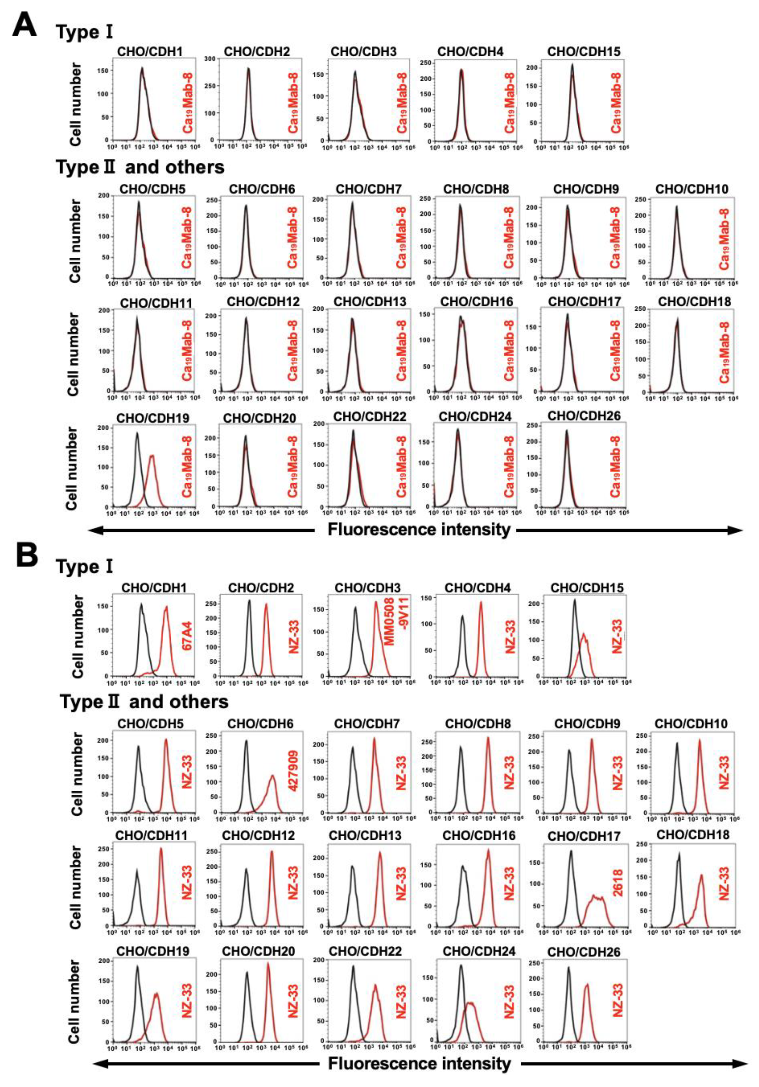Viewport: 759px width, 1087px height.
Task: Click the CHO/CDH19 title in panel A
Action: tap(152, 418)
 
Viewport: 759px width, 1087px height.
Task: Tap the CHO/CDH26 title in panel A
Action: tap(584, 416)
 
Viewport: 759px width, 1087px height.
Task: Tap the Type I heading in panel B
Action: tap(84, 566)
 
